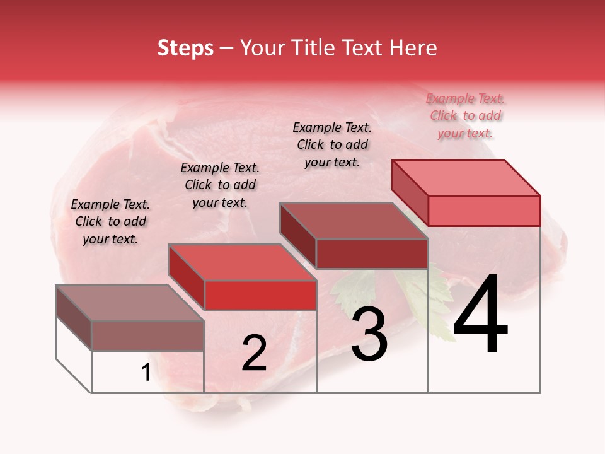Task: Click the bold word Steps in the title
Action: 185,48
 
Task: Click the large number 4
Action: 480,315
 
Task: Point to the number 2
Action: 254,354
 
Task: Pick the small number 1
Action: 146,373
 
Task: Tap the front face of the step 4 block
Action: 484,211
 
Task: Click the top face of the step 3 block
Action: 353,221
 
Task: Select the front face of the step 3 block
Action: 372,253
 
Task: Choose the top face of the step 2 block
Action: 242,262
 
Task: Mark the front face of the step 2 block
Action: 260,295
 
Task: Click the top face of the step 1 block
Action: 130,303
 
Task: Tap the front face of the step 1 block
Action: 147,335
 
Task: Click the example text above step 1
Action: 110,221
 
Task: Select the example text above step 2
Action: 220,185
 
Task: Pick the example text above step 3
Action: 332,144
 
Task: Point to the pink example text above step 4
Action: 465,115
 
